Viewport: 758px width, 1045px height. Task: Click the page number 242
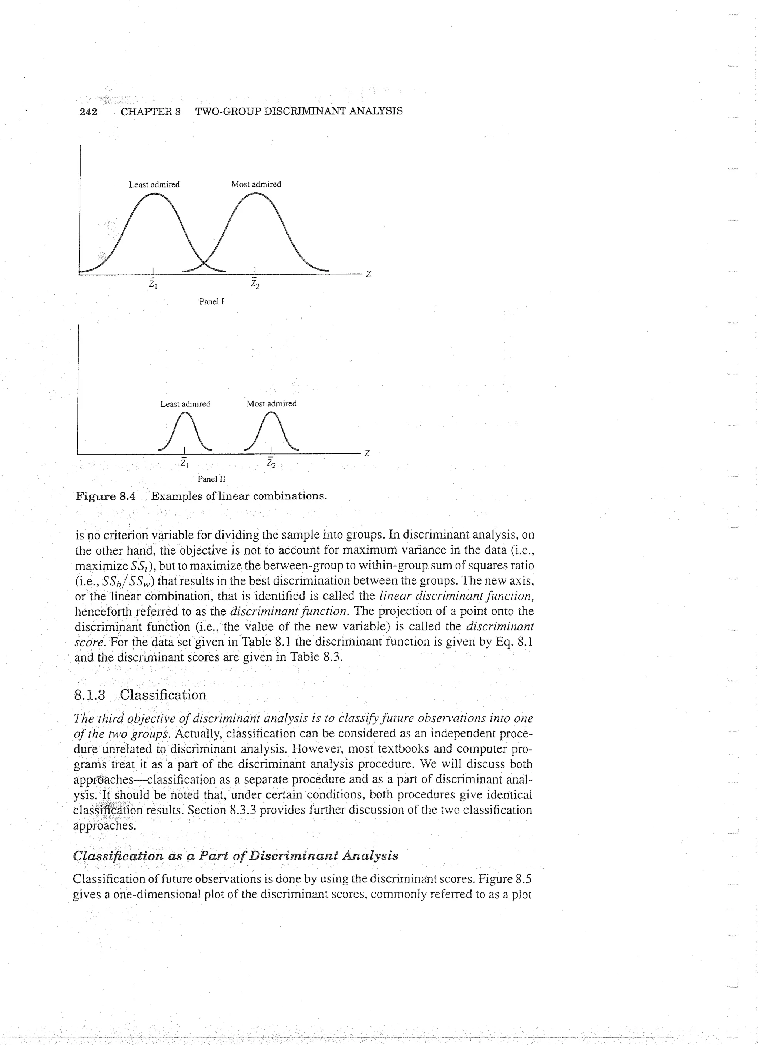[x=88, y=111]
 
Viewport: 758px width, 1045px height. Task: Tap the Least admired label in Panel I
[x=154, y=184]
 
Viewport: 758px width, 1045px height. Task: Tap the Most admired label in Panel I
[x=256, y=184]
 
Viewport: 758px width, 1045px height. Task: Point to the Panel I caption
[x=211, y=302]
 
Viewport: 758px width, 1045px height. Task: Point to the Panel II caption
[x=211, y=479]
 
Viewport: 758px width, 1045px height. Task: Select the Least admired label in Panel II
[x=185, y=403]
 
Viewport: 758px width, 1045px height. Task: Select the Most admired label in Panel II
[x=271, y=403]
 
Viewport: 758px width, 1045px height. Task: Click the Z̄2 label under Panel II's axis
[x=271, y=463]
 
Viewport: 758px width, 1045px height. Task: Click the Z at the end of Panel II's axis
[x=367, y=453]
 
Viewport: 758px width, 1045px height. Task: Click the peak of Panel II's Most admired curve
[x=271, y=413]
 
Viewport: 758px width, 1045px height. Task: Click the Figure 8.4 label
[x=105, y=496]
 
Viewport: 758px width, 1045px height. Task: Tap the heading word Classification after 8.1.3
[x=163, y=694]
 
